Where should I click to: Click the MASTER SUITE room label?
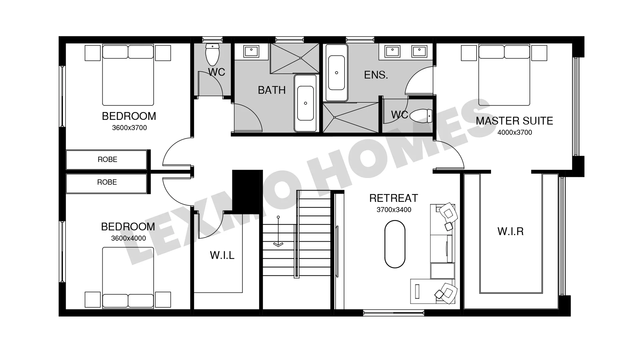[x=514, y=121]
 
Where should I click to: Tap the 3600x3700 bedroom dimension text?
[x=129, y=128]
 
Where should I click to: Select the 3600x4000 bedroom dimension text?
[x=128, y=238]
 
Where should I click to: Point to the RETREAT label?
[x=393, y=198]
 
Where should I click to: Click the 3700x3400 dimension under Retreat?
[x=394, y=210]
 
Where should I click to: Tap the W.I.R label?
[x=510, y=231]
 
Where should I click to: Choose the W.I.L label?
[x=222, y=255]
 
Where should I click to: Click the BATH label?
[x=272, y=90]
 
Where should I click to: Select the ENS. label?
[x=376, y=75]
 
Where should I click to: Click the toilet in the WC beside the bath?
[x=212, y=54]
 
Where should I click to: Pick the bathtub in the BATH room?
[x=305, y=103]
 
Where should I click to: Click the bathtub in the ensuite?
[x=337, y=73]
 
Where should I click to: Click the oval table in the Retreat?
[x=395, y=244]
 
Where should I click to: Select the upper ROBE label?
[x=107, y=159]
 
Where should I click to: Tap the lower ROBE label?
[x=107, y=182]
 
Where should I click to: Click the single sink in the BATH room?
[x=251, y=52]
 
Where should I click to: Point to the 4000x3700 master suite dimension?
[x=515, y=132]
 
